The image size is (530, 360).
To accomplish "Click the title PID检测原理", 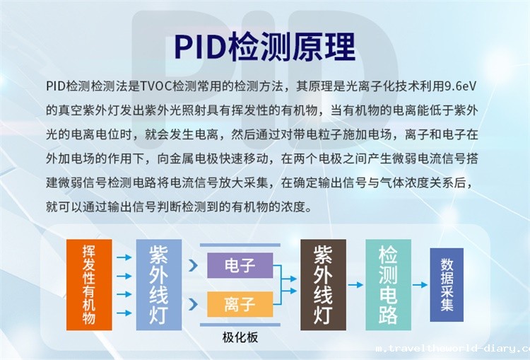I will tap(265, 47).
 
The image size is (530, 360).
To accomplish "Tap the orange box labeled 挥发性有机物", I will tap(89, 284).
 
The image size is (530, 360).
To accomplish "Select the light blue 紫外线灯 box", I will tap(158, 284).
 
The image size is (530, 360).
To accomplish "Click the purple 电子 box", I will tap(240, 266).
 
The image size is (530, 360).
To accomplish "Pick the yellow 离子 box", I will tap(240, 305).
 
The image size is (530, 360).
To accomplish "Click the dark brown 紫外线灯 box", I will tap(323, 284).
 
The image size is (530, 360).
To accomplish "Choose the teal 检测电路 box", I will tap(388, 284).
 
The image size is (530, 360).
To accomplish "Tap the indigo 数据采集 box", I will tap(447, 284).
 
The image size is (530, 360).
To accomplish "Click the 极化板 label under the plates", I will tap(240, 337).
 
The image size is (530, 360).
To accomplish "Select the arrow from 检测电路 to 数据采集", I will tap(420, 285).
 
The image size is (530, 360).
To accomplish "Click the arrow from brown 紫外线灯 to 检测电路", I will tap(355, 285).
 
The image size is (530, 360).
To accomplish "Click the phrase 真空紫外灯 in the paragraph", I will tap(89, 110).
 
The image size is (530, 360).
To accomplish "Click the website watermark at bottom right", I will tap(452, 349).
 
